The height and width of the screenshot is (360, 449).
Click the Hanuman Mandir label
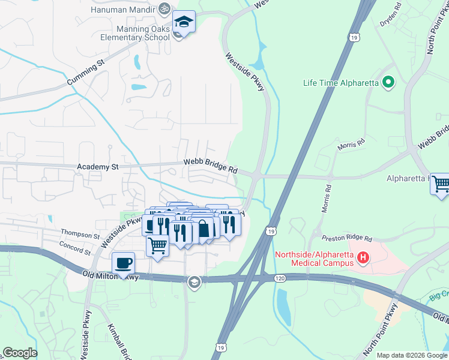coord(122,10)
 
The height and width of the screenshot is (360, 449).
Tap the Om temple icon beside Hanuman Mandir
coord(163,9)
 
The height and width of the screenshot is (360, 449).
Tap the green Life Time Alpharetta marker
coord(388,83)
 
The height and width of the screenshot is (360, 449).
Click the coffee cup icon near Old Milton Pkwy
coord(123,263)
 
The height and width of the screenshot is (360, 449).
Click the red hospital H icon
coord(363,258)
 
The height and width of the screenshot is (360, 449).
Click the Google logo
coord(20,353)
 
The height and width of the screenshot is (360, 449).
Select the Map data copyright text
coord(412,355)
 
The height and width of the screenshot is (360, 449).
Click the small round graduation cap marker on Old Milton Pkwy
coord(194,282)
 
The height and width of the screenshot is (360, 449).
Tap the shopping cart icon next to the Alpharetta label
coord(440,183)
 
